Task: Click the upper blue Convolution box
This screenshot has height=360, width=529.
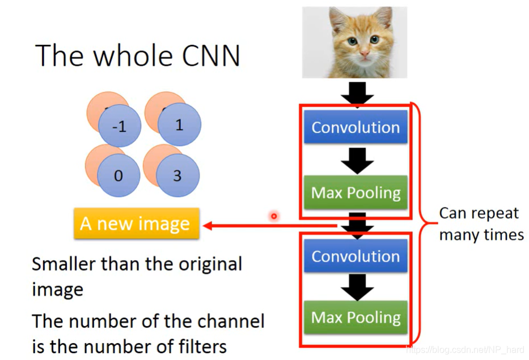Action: [x=356, y=127]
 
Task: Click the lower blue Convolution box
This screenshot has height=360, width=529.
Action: [x=356, y=256]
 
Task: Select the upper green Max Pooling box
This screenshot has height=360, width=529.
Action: [x=356, y=193]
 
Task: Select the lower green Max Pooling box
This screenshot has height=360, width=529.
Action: [x=356, y=317]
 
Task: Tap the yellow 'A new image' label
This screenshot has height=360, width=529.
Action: [x=136, y=223]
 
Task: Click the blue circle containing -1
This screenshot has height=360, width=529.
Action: [x=119, y=127]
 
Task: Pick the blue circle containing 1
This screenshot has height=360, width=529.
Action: [x=179, y=125]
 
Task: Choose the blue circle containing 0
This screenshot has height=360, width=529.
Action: [x=118, y=176]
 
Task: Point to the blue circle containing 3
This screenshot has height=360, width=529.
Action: [x=177, y=176]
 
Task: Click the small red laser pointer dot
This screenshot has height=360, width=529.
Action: [x=274, y=216]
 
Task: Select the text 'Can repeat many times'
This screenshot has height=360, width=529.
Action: [x=481, y=224]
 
